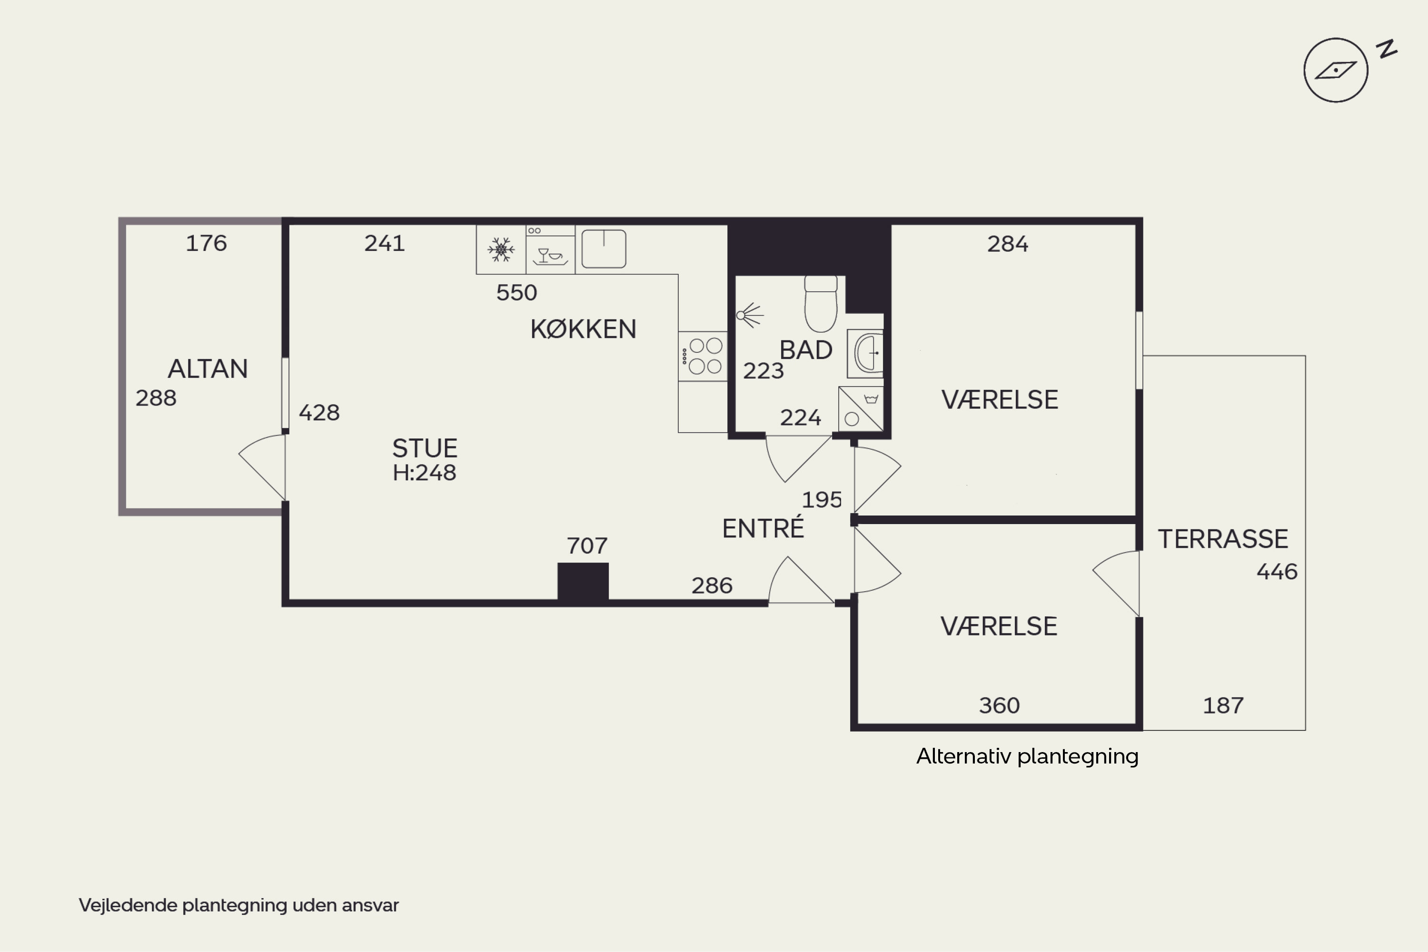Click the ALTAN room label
tap(208, 368)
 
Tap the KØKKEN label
tap(584, 329)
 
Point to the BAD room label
tap(806, 350)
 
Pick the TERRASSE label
tap(1223, 538)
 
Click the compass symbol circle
tap(1336, 70)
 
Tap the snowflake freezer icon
tap(501, 249)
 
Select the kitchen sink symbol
tap(604, 248)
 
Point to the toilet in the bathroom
tap(821, 304)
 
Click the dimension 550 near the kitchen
tap(516, 293)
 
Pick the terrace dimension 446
tap(1277, 571)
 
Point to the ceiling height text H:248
tap(425, 472)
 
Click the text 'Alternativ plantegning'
tap(1027, 756)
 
